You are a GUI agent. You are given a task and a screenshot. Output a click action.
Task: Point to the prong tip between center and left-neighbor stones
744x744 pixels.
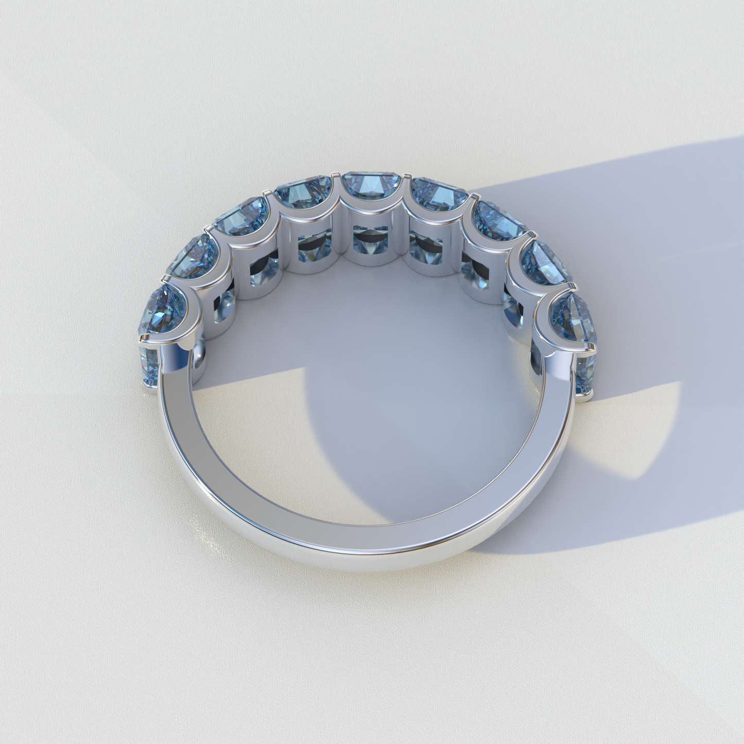coord(334,176)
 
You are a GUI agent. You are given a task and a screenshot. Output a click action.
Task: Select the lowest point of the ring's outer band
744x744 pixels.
coord(360,569)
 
